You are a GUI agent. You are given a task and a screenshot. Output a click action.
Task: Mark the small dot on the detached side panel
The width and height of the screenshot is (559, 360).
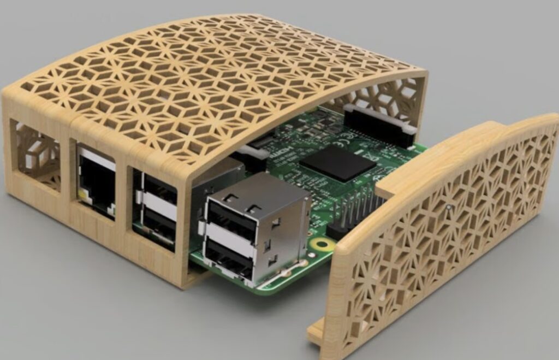click(x=448, y=207)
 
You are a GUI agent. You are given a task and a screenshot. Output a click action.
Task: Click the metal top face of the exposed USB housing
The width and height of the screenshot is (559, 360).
click(x=257, y=188)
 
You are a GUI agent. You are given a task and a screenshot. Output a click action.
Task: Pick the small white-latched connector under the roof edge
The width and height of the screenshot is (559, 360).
click(x=257, y=150)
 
